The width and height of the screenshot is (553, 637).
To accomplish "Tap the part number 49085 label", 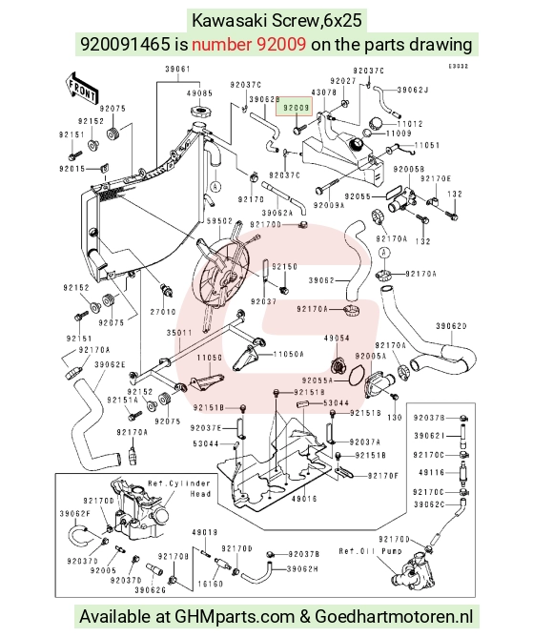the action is [x=199, y=93].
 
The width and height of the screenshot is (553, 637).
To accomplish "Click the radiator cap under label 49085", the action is [x=199, y=111].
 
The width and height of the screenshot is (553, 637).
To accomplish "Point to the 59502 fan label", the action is [x=219, y=221].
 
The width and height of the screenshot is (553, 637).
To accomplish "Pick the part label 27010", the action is [x=163, y=312].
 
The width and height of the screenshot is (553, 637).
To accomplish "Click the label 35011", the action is [x=179, y=333].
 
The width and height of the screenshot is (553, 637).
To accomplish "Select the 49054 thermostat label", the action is [x=337, y=338].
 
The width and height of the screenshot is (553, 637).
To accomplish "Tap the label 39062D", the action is [x=451, y=326].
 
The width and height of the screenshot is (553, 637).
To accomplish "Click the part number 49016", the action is [x=304, y=499].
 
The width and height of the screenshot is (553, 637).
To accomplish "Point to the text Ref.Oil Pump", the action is [x=370, y=551].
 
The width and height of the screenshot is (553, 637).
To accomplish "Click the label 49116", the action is [x=432, y=472].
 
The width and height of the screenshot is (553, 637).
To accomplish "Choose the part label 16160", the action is [x=210, y=584].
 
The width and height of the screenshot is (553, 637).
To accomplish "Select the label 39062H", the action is [x=302, y=569].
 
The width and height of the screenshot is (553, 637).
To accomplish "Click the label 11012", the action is [x=410, y=124].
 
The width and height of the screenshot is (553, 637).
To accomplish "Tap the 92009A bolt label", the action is [x=329, y=206].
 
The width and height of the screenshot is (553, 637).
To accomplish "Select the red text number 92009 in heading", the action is [x=249, y=44].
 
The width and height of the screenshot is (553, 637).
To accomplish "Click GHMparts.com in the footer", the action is [x=235, y=617].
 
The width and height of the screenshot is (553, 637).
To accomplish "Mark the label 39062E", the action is [x=110, y=364].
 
